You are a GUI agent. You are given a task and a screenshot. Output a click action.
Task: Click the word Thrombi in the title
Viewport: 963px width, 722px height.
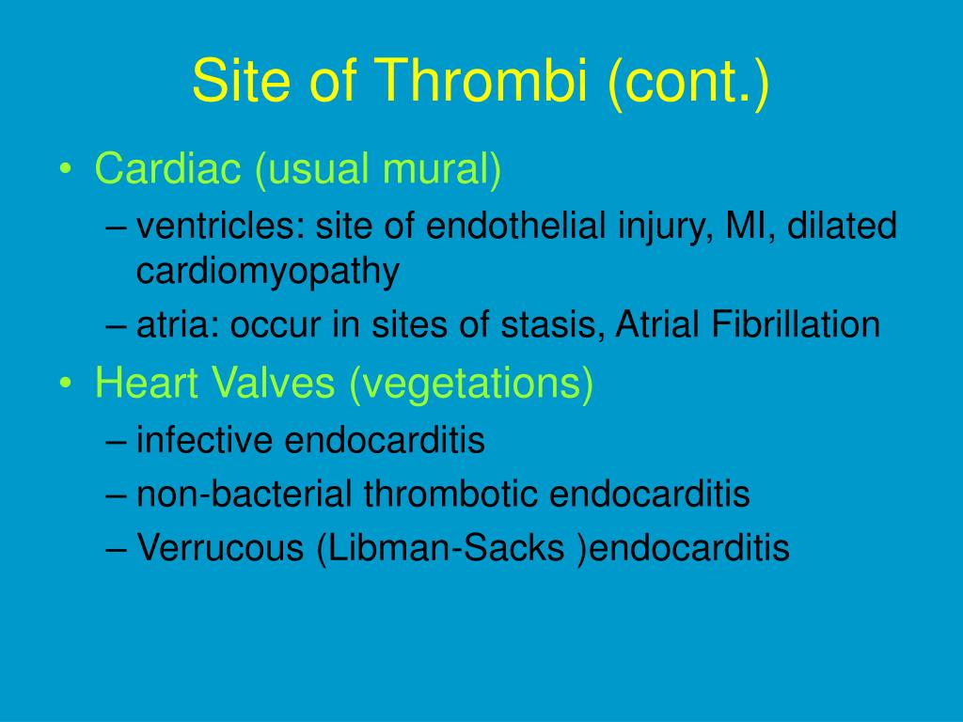pos(481,81)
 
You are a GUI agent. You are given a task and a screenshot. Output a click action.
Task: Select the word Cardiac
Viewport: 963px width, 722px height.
pos(167,167)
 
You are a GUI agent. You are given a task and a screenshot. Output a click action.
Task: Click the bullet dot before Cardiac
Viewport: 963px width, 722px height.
pos(66,169)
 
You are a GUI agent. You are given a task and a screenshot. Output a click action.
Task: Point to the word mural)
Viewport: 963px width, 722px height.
pos(442,169)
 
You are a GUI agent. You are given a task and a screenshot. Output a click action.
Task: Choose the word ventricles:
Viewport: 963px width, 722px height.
pos(220,226)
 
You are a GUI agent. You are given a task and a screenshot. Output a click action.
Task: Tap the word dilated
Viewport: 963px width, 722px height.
pos(842,226)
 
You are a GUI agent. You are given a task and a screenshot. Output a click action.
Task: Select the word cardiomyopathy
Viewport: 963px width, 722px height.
pos(268,272)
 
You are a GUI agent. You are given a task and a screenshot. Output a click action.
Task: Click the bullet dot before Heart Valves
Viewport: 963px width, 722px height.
pos(66,384)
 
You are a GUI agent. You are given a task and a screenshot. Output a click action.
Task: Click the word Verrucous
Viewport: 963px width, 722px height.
pos(220,547)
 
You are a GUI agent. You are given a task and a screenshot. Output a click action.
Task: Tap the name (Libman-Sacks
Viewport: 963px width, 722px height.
pos(440,548)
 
